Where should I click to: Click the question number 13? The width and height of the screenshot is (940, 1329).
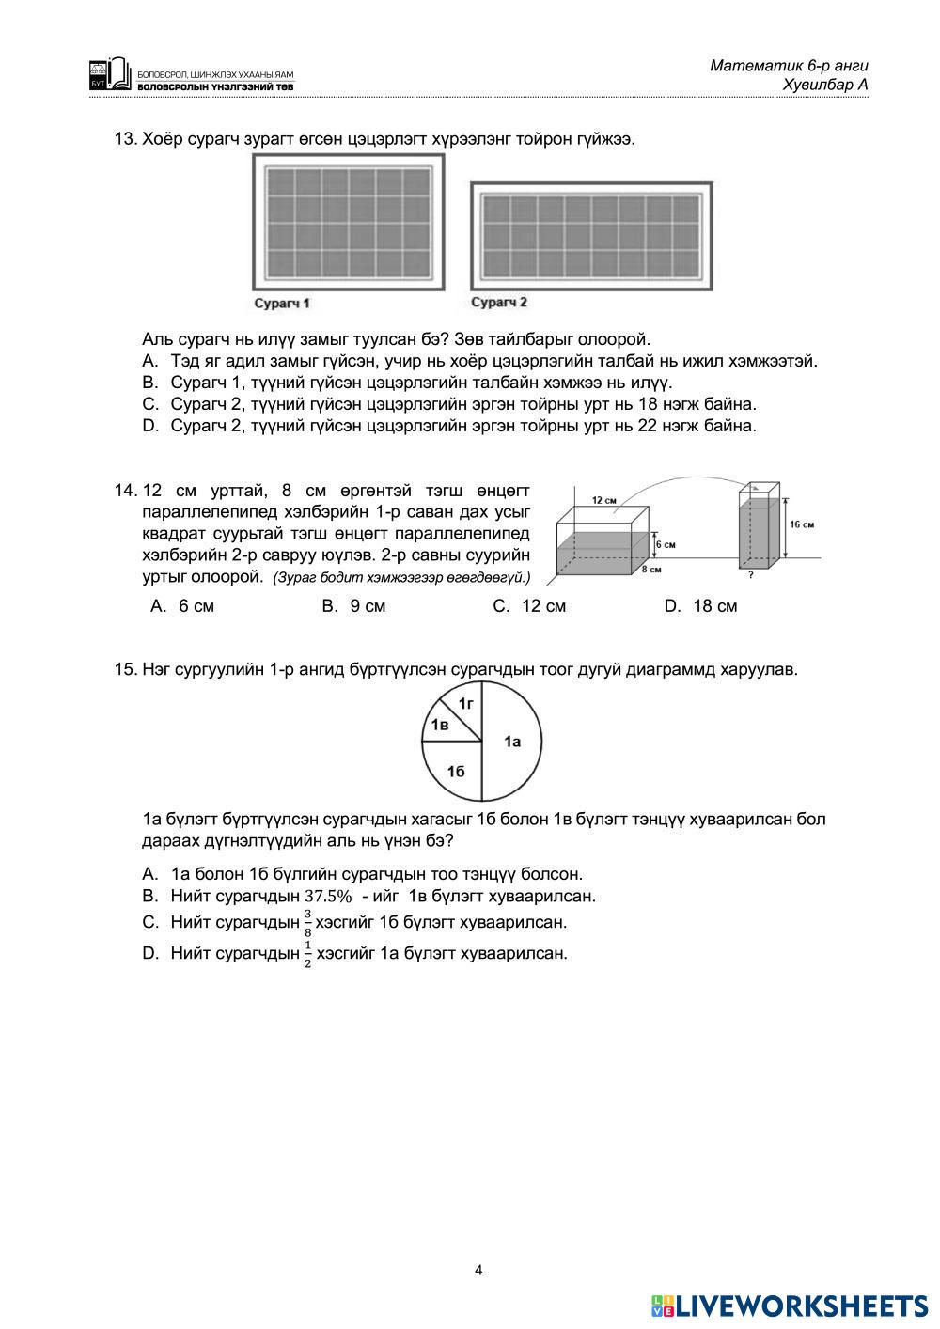coord(124,139)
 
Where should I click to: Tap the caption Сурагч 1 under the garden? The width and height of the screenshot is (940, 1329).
coord(283,304)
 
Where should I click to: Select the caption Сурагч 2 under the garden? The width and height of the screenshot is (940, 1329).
coord(499,302)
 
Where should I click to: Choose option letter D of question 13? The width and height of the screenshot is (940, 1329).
coord(149,426)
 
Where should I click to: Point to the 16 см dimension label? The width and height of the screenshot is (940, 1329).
coord(802,524)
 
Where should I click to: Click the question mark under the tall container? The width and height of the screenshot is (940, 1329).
coord(751,574)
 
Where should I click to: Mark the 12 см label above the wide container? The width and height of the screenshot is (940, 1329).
coord(603,499)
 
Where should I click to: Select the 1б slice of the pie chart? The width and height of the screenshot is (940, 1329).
coord(457,772)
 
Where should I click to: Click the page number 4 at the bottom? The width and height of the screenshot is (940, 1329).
coord(478,1271)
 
